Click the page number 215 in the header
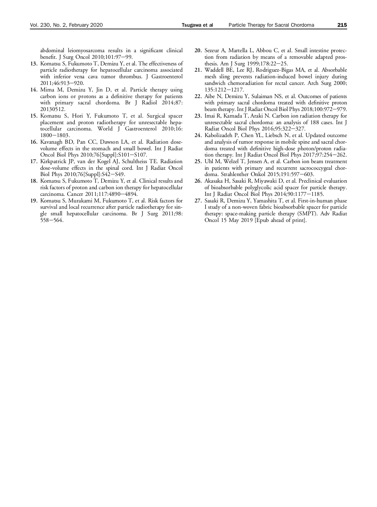click(x=342, y=25)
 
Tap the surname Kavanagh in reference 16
click(x=52, y=142)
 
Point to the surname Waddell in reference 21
click(x=215, y=70)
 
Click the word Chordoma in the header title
click(x=302, y=25)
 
